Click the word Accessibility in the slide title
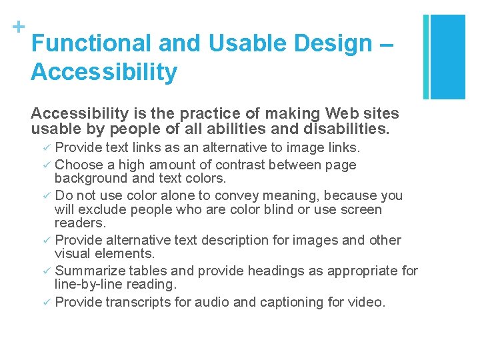[x=104, y=72]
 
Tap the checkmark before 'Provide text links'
[x=47, y=147]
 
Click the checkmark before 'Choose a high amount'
[x=47, y=165]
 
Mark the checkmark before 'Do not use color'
[x=47, y=196]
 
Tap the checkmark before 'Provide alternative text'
[x=47, y=240]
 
